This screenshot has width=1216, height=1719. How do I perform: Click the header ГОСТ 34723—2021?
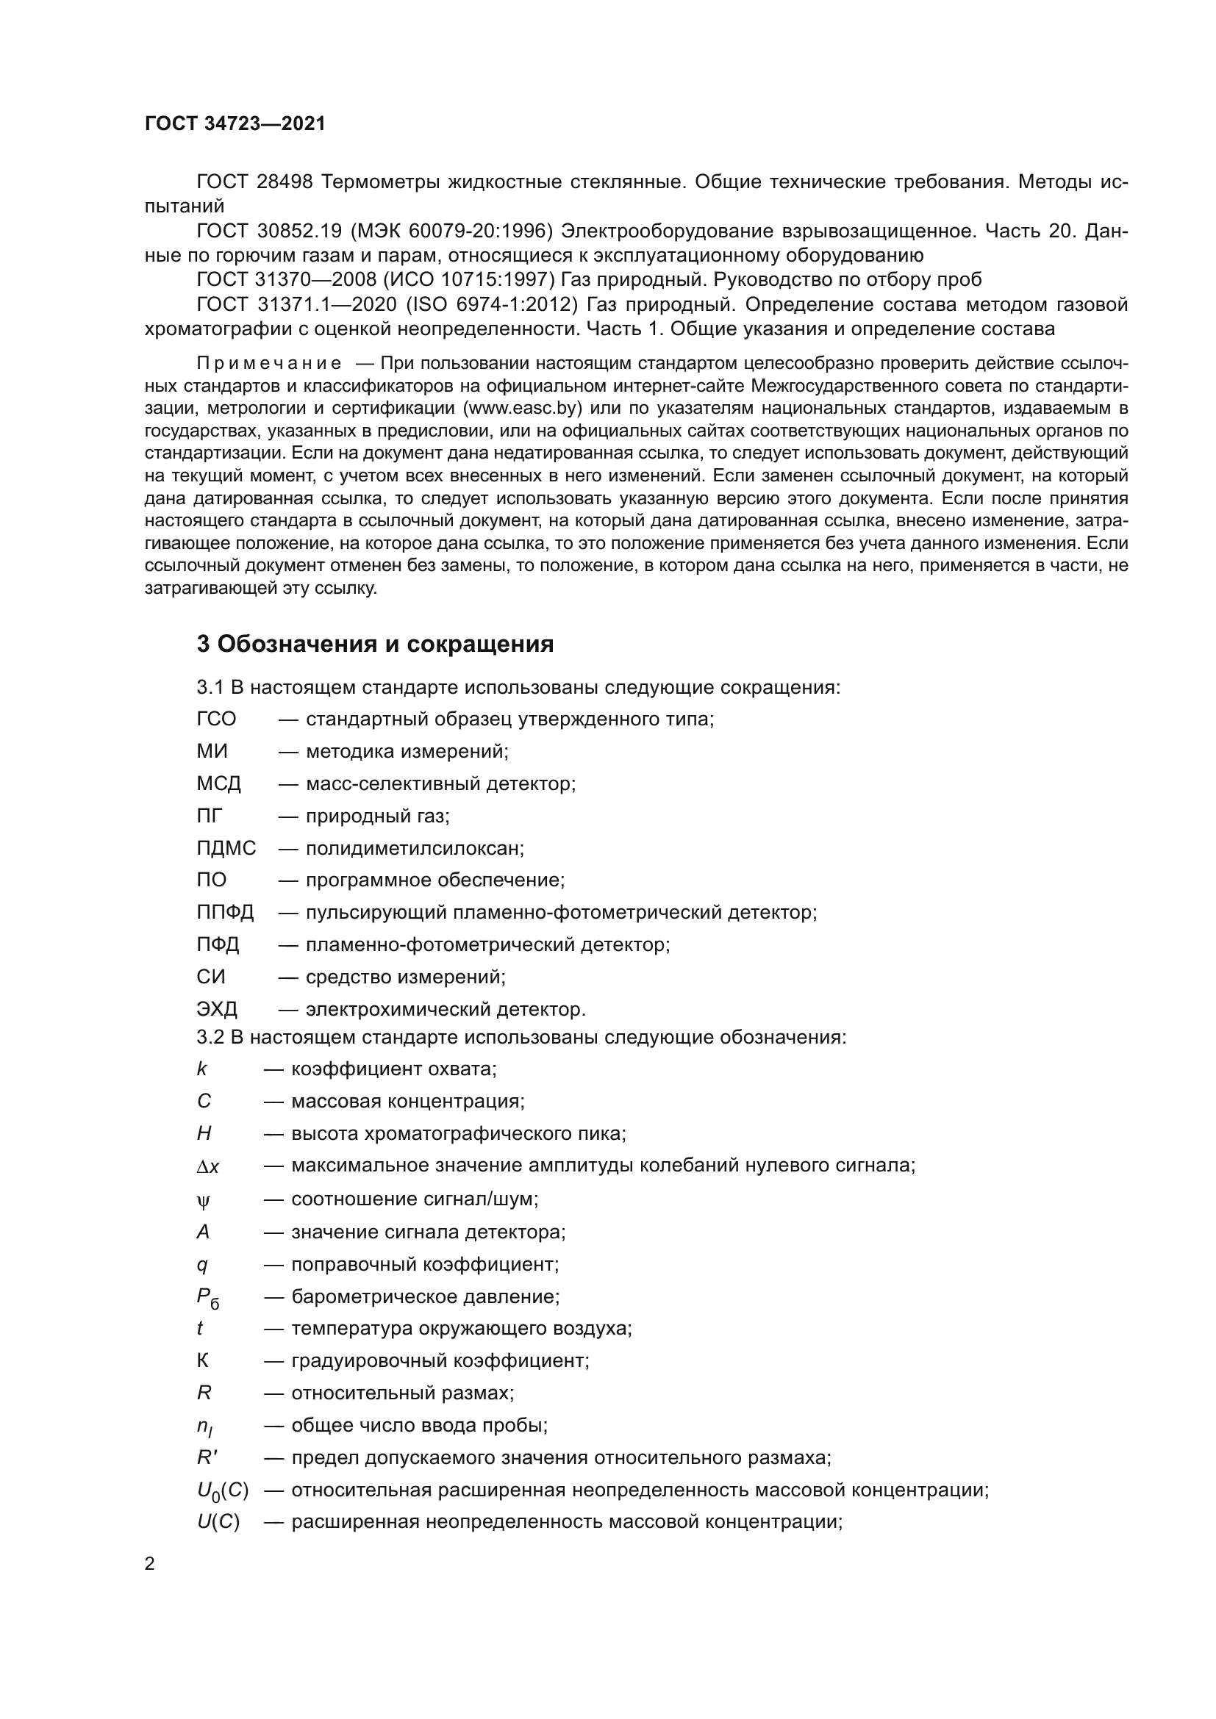click(x=235, y=123)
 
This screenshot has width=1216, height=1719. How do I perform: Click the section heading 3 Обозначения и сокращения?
click(x=375, y=644)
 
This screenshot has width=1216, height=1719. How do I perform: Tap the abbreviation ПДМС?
click(x=226, y=848)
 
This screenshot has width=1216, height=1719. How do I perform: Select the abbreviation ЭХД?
click(x=217, y=1009)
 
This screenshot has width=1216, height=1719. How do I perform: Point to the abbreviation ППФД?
click(x=226, y=913)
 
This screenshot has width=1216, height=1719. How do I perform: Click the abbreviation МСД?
click(x=218, y=784)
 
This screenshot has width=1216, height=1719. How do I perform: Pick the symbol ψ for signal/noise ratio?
click(x=204, y=1201)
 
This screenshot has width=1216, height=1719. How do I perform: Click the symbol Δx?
click(x=208, y=1166)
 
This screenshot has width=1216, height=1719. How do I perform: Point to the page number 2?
click(x=150, y=1564)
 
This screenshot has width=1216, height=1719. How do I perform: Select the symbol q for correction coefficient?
click(x=202, y=1265)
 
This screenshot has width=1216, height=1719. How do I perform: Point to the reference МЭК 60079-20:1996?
click(x=451, y=232)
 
